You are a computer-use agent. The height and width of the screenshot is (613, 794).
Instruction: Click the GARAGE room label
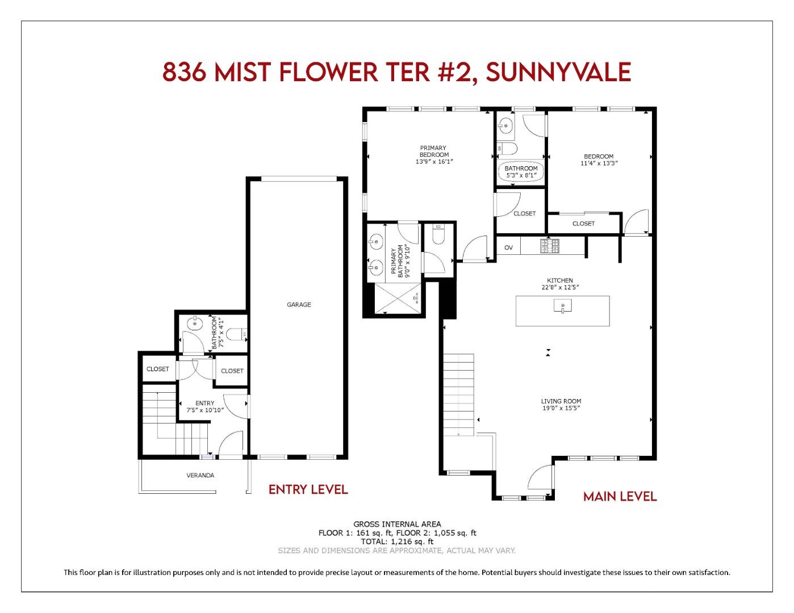click(x=299, y=305)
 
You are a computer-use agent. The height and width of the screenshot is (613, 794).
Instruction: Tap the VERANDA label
click(x=200, y=476)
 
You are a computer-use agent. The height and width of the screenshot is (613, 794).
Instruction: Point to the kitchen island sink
click(x=562, y=307)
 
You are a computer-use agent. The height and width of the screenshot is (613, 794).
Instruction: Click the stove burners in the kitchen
click(x=549, y=246)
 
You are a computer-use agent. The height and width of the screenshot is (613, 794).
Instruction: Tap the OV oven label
click(x=508, y=247)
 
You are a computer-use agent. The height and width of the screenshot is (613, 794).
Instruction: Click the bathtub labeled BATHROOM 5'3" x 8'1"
click(x=521, y=171)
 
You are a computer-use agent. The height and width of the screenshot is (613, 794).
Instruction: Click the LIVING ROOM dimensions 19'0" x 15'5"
click(x=561, y=408)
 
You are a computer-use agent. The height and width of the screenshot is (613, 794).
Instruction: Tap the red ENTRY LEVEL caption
click(x=308, y=489)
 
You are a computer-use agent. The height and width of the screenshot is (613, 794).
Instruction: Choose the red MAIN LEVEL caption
click(x=620, y=497)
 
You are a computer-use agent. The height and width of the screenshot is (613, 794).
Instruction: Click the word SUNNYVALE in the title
click(x=559, y=73)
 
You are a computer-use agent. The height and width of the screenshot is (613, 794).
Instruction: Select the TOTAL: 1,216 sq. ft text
click(x=397, y=541)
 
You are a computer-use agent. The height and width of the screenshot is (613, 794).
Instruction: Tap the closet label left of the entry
click(x=157, y=369)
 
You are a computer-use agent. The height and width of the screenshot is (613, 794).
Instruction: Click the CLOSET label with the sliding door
click(x=583, y=224)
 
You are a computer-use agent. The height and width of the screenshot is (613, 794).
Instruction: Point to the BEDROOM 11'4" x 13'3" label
click(x=599, y=159)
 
